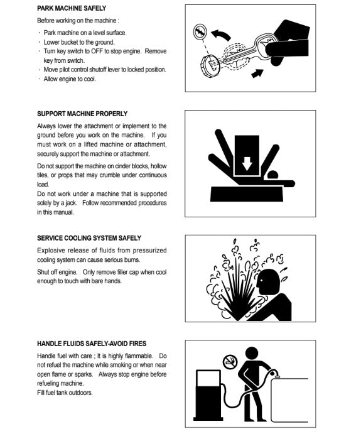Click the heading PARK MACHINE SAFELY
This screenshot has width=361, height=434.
coord(72,8)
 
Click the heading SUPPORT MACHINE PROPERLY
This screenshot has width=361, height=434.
coord(82,114)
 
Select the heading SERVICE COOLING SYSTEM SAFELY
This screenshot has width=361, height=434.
coord(89,238)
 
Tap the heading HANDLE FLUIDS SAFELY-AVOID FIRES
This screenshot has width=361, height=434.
coord(92,344)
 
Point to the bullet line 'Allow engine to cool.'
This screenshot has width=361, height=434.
coord(70,79)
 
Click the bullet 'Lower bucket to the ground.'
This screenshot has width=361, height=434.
coord(79,42)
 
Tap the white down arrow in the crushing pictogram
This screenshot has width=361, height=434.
coord(247,163)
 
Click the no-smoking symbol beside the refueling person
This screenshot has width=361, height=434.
coord(230,362)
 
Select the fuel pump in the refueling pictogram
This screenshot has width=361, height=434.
coord(208,395)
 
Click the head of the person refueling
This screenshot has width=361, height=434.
coord(252,354)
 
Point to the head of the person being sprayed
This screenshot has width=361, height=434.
coord(267,281)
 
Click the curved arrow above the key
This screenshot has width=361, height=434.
coord(221,35)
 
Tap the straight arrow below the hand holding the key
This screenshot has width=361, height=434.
coord(257,73)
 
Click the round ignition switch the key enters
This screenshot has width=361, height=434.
coord(210,66)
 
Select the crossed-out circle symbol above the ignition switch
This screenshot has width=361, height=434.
coord(200,31)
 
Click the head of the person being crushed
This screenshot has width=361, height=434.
coord(272,175)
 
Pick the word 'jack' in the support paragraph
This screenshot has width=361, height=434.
coord(70,203)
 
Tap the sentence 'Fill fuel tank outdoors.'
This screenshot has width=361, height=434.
coord(65,393)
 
